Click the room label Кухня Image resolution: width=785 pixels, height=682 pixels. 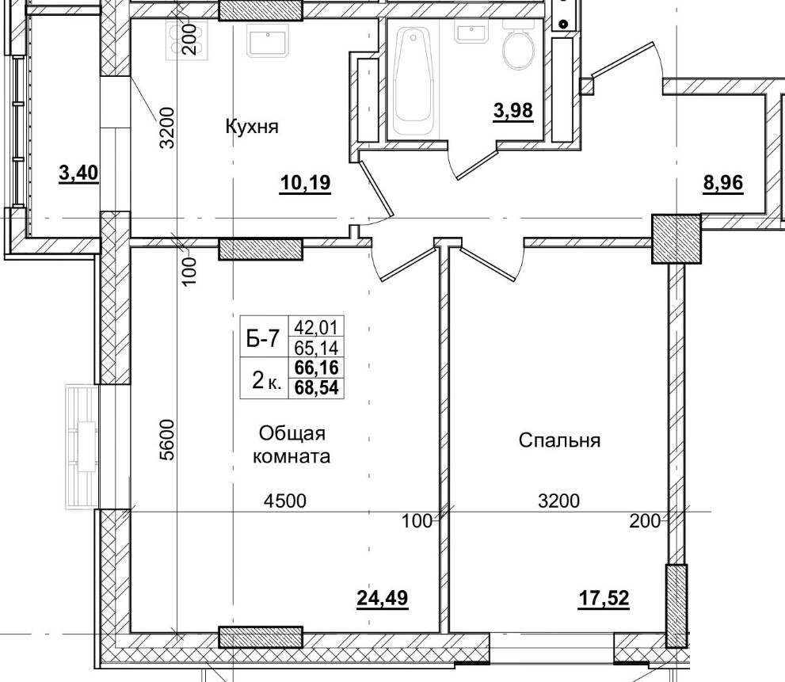coord(252,127)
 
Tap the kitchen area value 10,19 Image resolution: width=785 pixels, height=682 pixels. coord(304,185)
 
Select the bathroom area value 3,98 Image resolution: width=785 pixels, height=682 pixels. coord(513,110)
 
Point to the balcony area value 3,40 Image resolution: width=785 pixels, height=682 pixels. coord(78,172)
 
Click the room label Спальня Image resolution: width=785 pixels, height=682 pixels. coord(559,440)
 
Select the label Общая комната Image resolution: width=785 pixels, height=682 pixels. coord(291,445)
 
